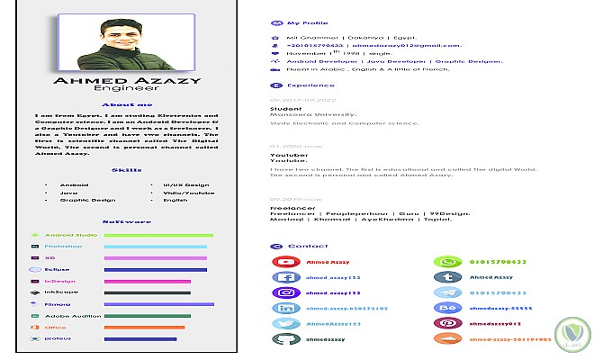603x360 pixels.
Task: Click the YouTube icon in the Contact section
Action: (287, 262)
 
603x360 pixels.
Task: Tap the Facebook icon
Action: (287, 277)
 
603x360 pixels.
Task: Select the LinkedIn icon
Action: (287, 308)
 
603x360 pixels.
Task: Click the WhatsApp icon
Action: (447, 262)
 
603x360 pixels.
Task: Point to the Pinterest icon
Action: (447, 323)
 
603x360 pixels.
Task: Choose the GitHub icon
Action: (287, 338)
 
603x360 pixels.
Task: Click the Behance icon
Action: (447, 308)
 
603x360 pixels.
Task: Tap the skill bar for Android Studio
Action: (158, 235)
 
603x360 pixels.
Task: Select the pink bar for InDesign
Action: (148, 281)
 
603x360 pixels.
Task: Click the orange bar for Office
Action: (144, 328)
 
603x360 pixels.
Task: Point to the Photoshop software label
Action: (63, 247)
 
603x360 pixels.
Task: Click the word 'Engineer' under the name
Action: (126, 89)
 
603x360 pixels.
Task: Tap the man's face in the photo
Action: (123, 35)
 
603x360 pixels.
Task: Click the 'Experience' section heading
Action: (304, 86)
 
